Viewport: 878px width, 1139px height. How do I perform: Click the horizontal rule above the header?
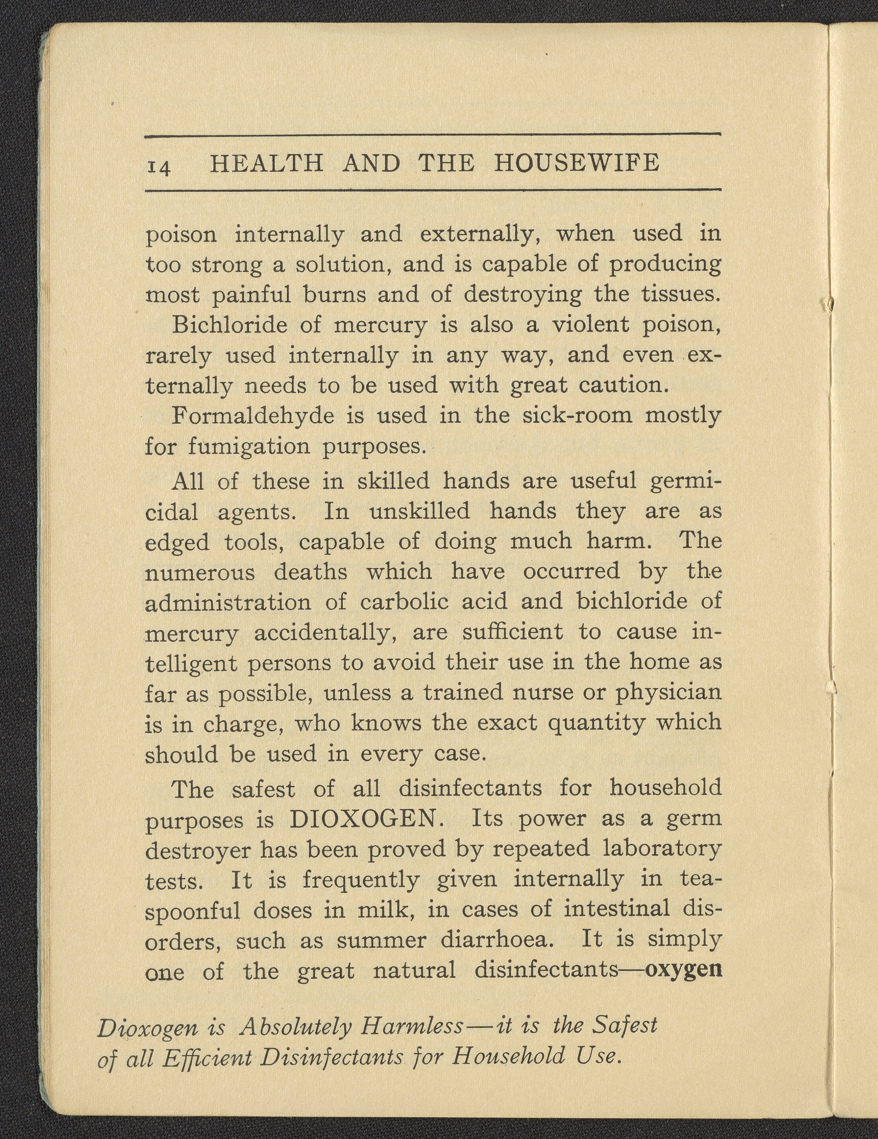tap(432, 137)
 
